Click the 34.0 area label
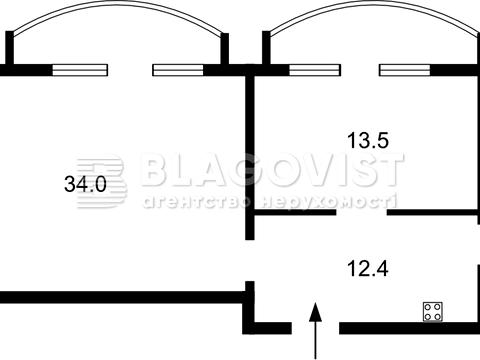85,184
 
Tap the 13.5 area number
368,140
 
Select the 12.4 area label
368,269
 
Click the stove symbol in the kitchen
433,312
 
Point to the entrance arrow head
315,312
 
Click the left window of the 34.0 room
80,70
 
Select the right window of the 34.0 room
178,70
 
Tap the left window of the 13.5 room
315,70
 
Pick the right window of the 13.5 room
405,70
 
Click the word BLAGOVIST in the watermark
272,169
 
